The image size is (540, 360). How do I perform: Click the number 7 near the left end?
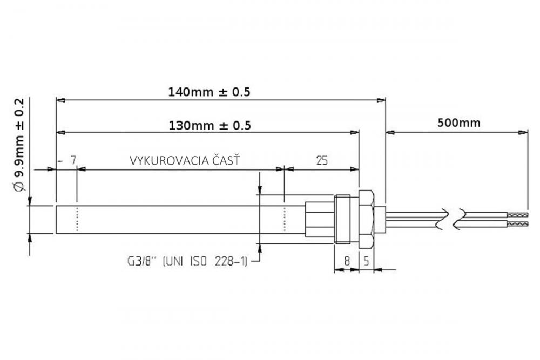point(73,160)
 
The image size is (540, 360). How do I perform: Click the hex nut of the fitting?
point(366,219)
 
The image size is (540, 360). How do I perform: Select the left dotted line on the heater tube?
point(78,219)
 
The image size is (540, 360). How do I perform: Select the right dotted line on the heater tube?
point(285,219)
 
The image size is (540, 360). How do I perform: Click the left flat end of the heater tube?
point(57,219)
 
